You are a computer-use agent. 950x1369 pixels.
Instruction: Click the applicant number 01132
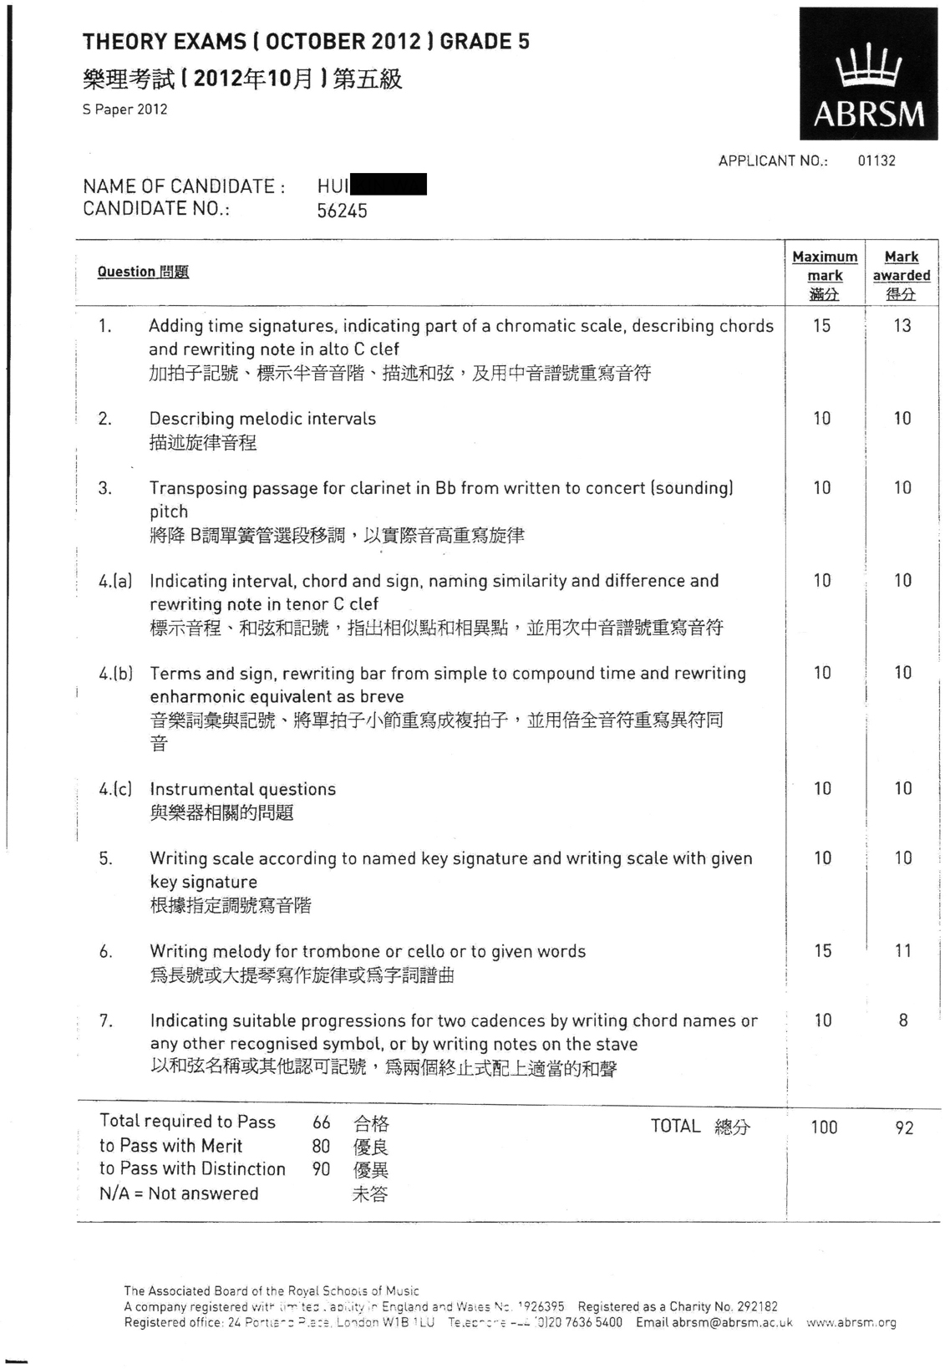pos(876,160)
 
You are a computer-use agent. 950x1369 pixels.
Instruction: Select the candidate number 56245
pos(342,211)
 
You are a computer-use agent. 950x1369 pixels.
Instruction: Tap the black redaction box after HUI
pos(389,184)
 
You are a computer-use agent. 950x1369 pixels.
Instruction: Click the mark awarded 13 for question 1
pos(902,326)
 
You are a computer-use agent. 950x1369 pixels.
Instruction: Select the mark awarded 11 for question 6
pos(903,950)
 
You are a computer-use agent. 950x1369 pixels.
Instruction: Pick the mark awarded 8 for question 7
pos(903,1020)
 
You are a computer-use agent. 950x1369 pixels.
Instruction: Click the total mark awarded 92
pos(904,1127)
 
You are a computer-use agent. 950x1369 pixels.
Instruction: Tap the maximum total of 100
pos(824,1127)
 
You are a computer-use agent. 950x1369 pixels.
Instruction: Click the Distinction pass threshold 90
pos(321,1169)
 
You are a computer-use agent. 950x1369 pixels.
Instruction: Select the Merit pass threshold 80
pos(321,1146)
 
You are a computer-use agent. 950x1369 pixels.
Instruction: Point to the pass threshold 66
pos(321,1122)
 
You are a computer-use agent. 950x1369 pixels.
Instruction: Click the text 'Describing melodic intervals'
pos(262,419)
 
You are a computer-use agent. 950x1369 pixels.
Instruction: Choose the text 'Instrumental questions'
pos(242,789)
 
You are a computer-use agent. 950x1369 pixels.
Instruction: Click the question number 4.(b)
pos(114,674)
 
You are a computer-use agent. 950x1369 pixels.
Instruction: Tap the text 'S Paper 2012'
pos(124,109)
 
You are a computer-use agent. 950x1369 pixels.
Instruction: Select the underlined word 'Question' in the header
pos(126,272)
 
